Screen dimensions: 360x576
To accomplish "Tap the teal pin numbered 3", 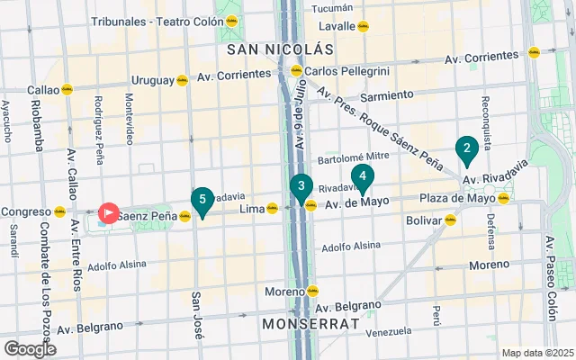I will click(x=301, y=187).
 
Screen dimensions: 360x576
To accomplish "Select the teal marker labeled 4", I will click(x=362, y=177).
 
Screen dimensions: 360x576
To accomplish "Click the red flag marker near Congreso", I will click(x=109, y=213).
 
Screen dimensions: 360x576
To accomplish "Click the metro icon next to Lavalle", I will click(x=363, y=26).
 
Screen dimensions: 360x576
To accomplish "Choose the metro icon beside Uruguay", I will click(x=182, y=80).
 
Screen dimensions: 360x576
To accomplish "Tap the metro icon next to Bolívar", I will click(x=450, y=220).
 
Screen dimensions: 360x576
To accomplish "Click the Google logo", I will click(x=30, y=348).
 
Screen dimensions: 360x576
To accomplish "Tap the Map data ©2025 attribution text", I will click(x=536, y=353).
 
